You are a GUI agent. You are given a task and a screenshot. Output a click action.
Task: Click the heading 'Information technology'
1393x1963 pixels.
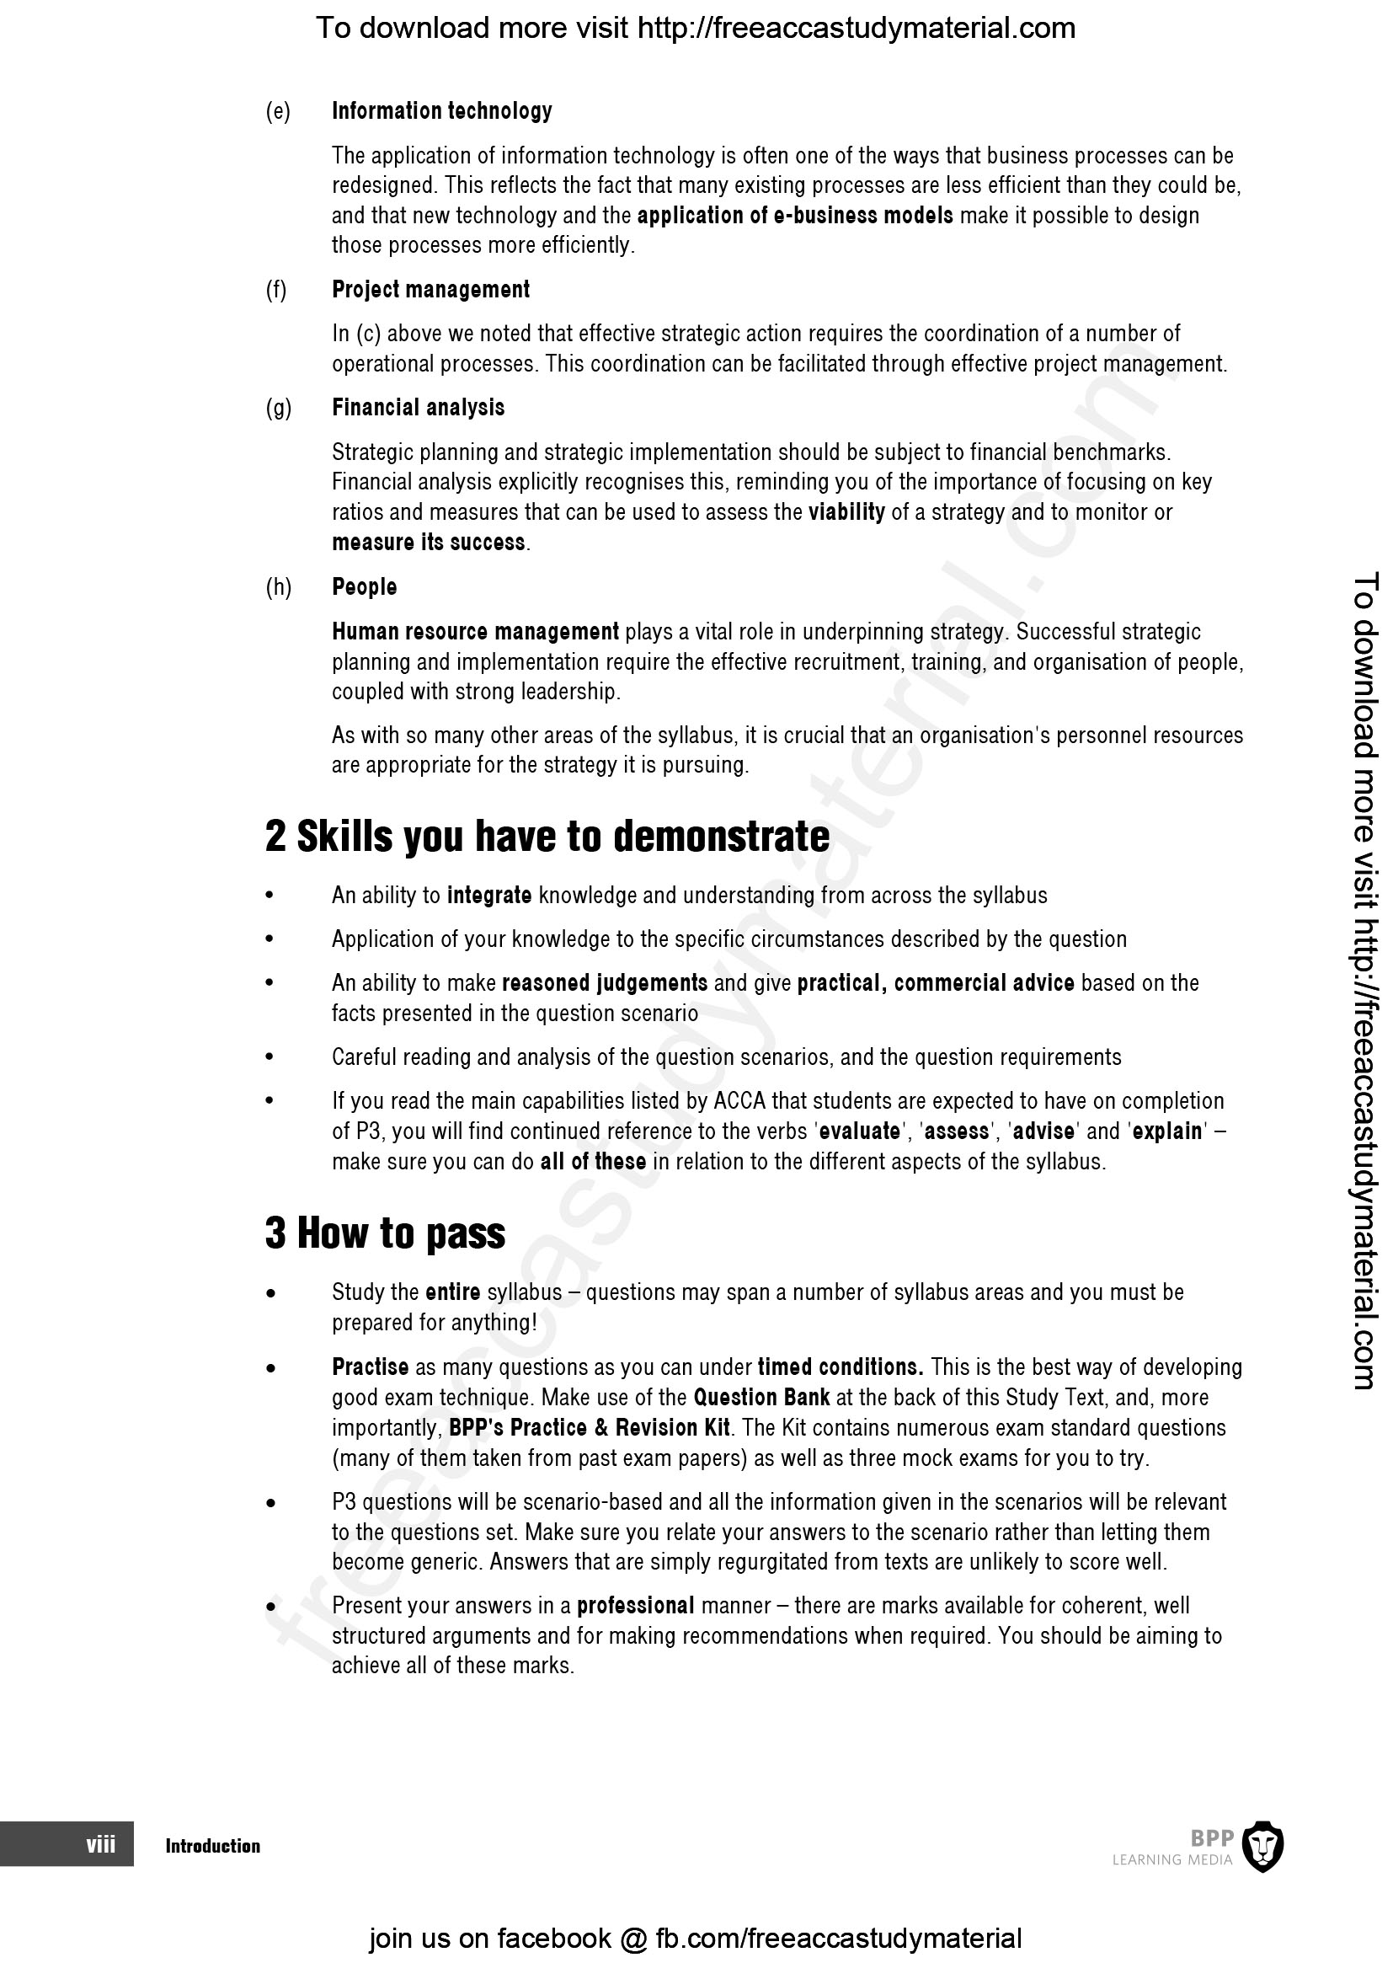442,111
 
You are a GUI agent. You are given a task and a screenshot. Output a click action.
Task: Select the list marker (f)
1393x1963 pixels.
276,290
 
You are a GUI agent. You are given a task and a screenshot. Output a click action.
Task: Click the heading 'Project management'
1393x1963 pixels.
430,290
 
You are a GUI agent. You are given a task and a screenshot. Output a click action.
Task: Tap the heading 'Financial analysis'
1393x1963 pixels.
418,408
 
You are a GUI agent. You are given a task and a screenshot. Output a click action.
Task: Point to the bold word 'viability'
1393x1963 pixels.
846,512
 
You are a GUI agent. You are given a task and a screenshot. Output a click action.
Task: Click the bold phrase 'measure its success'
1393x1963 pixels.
428,543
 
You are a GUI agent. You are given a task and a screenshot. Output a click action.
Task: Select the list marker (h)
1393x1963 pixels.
278,588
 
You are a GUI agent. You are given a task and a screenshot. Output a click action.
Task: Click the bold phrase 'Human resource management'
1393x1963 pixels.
475,633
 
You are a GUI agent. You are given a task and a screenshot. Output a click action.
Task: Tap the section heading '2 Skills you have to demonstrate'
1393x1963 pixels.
547,837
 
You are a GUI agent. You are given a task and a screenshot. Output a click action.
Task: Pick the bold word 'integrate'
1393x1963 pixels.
489,896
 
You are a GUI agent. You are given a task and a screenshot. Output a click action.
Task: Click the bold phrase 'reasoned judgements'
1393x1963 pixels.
605,983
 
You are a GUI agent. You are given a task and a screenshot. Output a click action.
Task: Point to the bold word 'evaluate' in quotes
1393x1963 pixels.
860,1131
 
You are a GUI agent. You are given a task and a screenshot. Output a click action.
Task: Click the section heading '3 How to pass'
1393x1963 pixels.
385,1233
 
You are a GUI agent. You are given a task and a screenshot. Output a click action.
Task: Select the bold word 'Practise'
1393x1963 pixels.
371,1367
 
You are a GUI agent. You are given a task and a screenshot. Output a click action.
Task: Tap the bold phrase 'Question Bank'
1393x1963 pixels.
761,1398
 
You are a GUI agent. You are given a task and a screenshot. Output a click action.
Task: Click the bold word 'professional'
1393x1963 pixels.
635,1606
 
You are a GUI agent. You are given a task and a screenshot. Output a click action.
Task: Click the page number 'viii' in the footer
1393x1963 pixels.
100,1844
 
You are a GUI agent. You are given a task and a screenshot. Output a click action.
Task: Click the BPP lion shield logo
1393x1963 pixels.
1262,1845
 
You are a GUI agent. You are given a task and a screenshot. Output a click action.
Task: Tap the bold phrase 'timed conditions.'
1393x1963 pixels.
840,1367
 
